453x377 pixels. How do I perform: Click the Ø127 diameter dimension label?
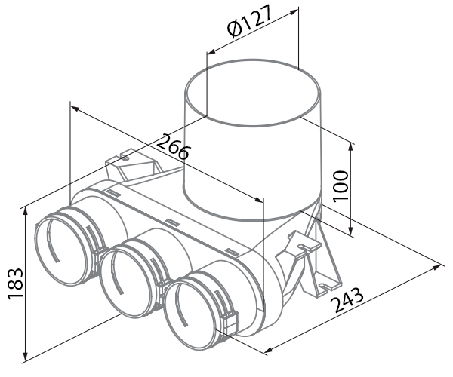click(250, 21)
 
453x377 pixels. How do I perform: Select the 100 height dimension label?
click(341, 186)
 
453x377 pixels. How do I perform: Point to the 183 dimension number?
click(15, 284)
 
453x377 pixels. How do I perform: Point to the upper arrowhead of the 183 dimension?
click(26, 211)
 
